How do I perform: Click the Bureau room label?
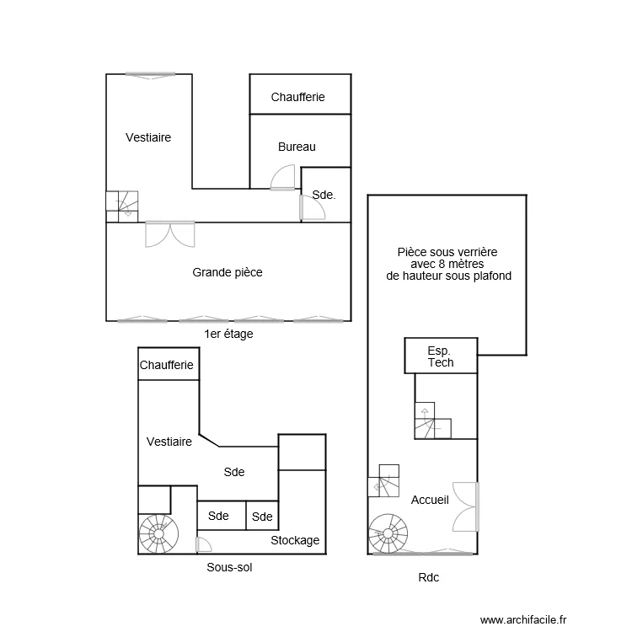297,147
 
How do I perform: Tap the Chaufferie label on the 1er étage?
297,98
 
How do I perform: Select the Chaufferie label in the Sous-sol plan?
167,365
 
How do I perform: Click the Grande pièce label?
228,272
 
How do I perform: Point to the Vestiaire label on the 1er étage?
148,137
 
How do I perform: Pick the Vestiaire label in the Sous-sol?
169,442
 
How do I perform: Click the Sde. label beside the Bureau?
324,195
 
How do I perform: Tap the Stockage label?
295,540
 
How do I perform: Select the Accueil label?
430,500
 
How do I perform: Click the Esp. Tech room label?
441,356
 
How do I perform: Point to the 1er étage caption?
228,334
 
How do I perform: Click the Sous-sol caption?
229,567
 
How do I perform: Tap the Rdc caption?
428,577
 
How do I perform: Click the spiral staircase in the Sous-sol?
156,533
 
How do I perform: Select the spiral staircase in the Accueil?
388,533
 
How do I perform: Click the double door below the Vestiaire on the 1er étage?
170,233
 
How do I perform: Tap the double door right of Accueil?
466,506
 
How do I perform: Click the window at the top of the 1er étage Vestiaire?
152,76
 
